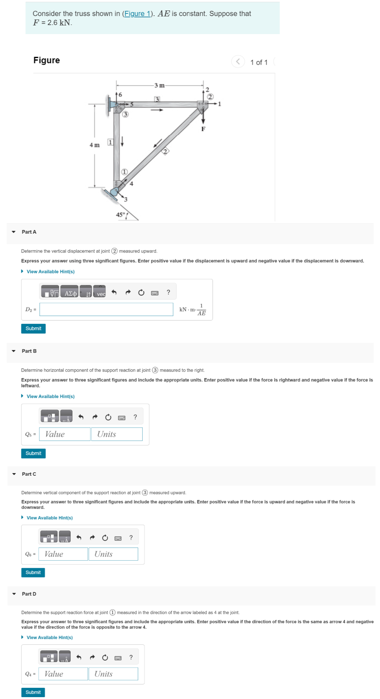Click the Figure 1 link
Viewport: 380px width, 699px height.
coord(137,14)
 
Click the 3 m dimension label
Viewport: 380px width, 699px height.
coord(160,86)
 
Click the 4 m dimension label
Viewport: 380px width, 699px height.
coord(95,145)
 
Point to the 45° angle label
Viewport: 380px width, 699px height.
coord(120,215)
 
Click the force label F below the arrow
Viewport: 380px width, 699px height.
coord(203,129)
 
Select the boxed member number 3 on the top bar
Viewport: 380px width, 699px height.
coord(157,99)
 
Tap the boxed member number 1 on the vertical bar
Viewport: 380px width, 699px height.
coord(110,142)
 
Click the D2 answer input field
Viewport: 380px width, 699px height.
coord(106,309)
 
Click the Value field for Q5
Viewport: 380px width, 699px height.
coord(65,434)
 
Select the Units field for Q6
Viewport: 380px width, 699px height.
coord(113,554)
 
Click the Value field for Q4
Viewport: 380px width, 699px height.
coord(64,674)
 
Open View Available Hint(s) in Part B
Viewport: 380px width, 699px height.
coord(50,396)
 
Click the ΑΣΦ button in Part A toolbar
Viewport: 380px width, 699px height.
coord(70,293)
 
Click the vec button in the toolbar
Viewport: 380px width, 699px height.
coord(100,293)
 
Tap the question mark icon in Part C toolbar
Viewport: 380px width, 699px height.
coord(131,537)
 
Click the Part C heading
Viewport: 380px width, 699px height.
coord(29,474)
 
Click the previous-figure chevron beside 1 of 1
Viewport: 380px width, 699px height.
coord(238,61)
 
